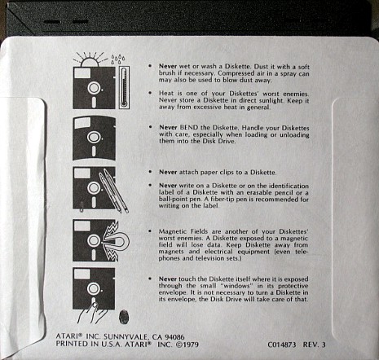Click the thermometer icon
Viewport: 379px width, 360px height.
[x=124, y=87]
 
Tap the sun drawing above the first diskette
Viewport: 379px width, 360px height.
[x=89, y=60]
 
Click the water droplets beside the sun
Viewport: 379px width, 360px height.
[x=118, y=59]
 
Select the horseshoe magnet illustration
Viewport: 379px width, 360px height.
[x=117, y=241]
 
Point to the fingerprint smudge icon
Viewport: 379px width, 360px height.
[x=124, y=317]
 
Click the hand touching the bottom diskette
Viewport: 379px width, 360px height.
[x=91, y=313]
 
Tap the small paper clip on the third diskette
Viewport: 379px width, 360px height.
[x=82, y=206]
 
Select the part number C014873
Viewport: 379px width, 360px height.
[x=282, y=345]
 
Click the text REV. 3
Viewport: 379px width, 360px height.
[x=315, y=345]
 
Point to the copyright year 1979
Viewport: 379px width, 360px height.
[x=191, y=345]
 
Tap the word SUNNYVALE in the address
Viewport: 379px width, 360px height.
[x=126, y=337]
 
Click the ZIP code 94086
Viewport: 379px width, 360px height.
[x=174, y=337]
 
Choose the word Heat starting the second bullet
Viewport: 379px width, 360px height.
[x=165, y=94]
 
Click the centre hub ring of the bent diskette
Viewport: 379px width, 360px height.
[x=94, y=137]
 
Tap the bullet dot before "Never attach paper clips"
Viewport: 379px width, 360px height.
[x=150, y=172]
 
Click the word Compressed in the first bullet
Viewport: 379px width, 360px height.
[x=236, y=73]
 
